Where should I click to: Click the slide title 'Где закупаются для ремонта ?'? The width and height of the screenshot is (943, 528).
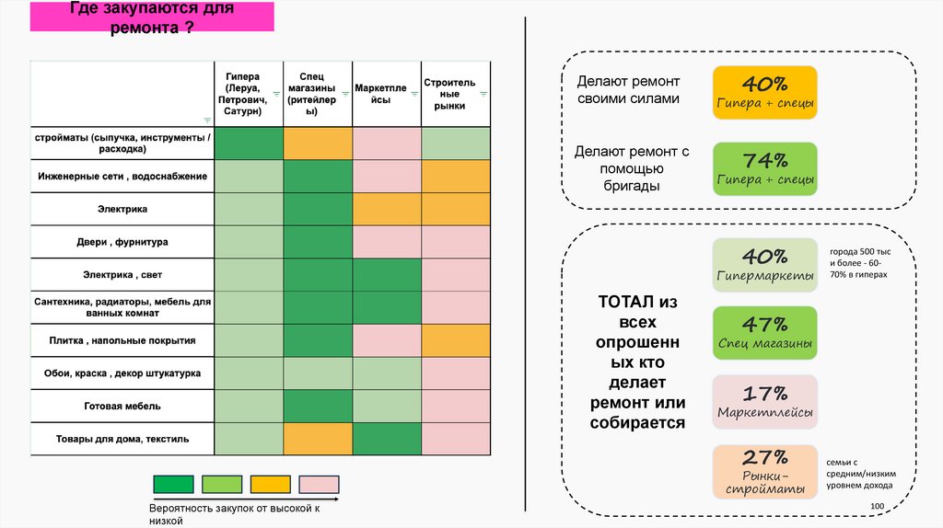[x=152, y=17]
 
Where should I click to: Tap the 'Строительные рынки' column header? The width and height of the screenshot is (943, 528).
[x=450, y=94]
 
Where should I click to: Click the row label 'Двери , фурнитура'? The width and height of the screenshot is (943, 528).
[x=122, y=242]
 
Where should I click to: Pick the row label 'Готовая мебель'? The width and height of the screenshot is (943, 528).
[x=122, y=406]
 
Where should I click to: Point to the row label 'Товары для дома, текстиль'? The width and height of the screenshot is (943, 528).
[x=122, y=439]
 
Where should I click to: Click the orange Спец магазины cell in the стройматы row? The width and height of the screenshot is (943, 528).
[x=318, y=143]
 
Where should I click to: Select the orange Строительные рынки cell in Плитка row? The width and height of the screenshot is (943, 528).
[x=456, y=340]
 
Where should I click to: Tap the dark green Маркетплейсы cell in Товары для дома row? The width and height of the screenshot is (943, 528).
[x=387, y=439]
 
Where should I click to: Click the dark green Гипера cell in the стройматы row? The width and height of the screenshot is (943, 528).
[x=249, y=143]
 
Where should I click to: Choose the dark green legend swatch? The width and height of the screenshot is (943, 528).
[x=173, y=485]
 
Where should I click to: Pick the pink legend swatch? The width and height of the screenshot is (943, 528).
[x=320, y=485]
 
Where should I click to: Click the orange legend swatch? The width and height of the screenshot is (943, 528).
[x=271, y=485]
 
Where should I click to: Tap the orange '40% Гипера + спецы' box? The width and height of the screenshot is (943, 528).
[x=764, y=93]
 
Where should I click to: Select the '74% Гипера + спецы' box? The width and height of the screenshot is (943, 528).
[x=764, y=168]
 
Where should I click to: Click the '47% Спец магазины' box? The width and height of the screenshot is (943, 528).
[x=764, y=333]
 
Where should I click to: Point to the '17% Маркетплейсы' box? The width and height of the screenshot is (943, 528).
[x=764, y=402]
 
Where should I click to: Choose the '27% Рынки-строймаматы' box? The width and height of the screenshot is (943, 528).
[x=764, y=471]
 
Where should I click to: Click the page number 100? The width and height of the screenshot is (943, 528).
[x=876, y=508]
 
